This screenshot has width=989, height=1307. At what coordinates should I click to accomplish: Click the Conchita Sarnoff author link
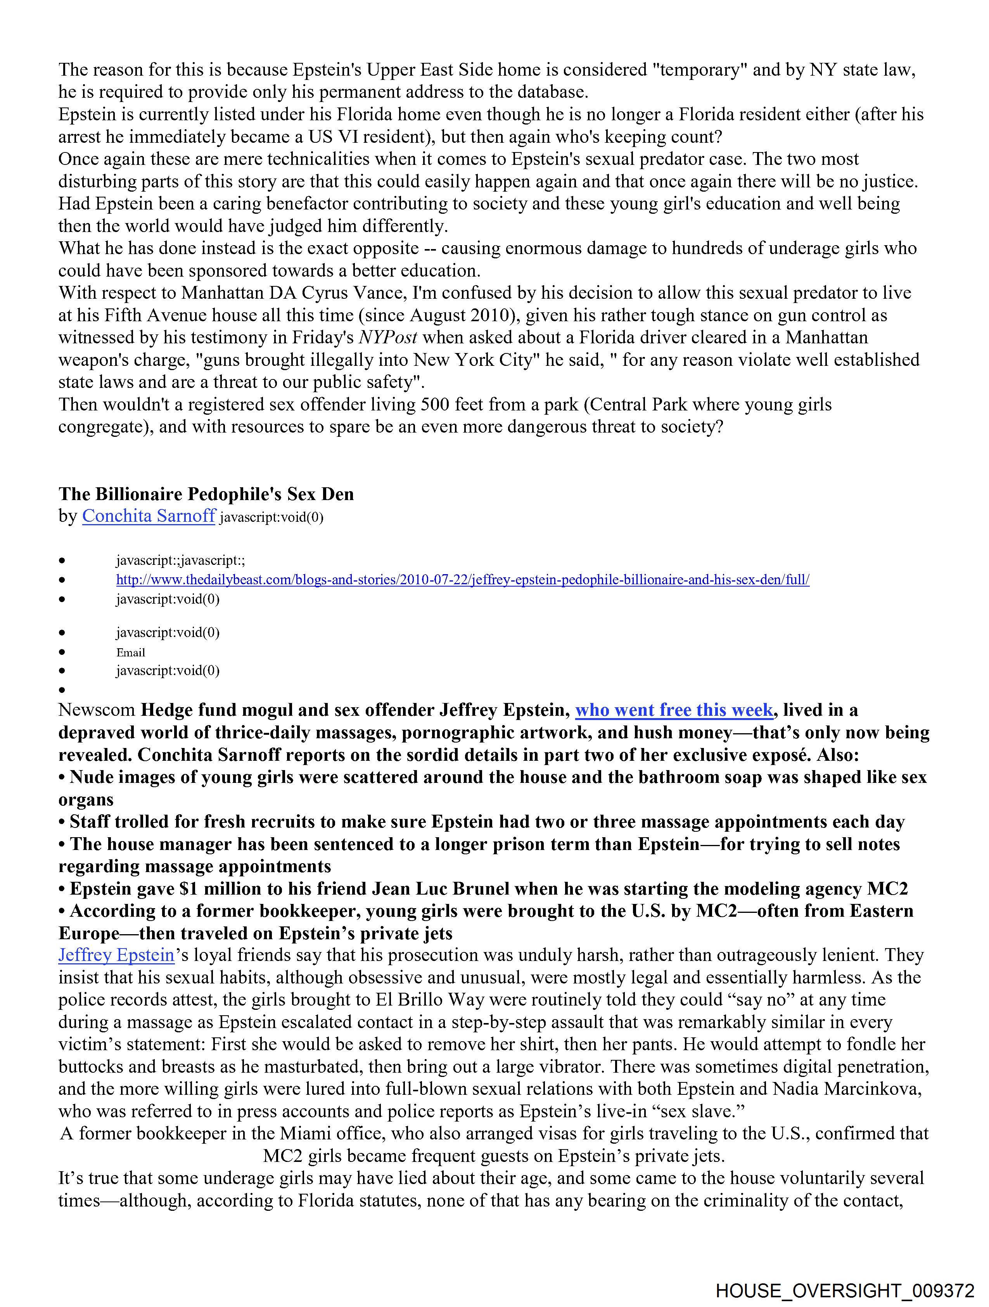pyautogui.click(x=148, y=516)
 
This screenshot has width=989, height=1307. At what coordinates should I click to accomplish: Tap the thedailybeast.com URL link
pyautogui.click(x=463, y=580)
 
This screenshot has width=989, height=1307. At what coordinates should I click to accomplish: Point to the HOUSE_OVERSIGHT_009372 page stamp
pyautogui.click(x=845, y=1290)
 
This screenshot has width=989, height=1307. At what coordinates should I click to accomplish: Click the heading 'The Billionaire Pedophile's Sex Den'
pyautogui.click(x=206, y=494)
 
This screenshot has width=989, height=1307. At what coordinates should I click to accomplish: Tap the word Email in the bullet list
pyautogui.click(x=131, y=652)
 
